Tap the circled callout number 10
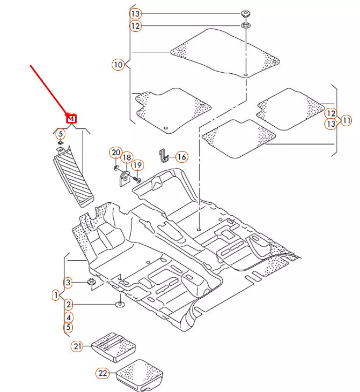click(118, 65)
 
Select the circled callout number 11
click(346, 120)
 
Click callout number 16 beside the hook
click(181, 157)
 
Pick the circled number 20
click(116, 153)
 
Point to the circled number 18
click(126, 157)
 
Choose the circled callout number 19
click(137, 165)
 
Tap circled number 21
click(78, 346)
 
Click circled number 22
click(102, 373)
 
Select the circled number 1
click(56, 295)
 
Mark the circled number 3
click(68, 282)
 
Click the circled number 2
click(68, 305)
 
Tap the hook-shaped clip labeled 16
click(164, 156)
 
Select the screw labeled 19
click(135, 178)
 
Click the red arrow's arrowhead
click(69, 114)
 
